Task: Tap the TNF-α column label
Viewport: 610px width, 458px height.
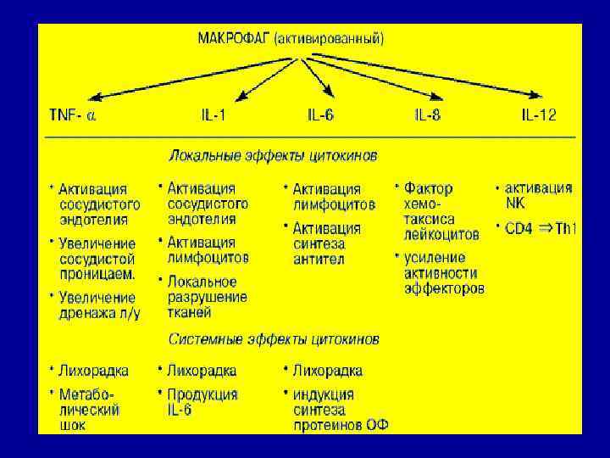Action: pos(73,115)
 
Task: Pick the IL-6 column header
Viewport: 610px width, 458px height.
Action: pos(319,115)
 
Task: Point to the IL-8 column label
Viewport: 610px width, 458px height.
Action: pos(427,115)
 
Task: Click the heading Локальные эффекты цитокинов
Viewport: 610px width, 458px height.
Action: pos(274,156)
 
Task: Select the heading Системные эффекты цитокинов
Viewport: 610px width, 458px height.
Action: pos(274,339)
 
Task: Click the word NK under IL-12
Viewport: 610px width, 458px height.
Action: pos(515,203)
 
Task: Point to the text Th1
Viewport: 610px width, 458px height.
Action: pos(566,230)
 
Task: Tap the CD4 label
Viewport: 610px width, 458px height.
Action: pos(520,230)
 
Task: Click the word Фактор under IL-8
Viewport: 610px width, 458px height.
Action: pos(429,188)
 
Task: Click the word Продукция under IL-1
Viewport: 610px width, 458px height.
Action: pos(202,394)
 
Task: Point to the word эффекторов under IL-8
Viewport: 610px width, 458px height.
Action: pos(444,288)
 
